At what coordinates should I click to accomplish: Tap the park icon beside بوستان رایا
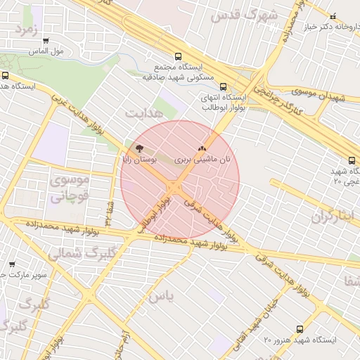tap(139, 149)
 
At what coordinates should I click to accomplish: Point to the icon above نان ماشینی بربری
tap(203, 148)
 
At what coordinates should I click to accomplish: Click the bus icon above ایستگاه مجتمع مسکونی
tap(178, 56)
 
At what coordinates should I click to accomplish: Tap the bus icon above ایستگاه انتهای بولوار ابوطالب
tap(224, 86)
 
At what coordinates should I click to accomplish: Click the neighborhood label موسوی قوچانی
tap(69, 188)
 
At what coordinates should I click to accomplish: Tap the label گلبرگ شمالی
tap(68, 252)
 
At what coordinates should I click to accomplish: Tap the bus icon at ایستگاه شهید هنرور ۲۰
tap(300, 329)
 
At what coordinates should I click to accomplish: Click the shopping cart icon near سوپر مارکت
tap(12, 264)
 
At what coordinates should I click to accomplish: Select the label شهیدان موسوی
tap(321, 94)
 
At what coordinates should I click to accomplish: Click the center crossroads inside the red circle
tap(175, 186)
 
